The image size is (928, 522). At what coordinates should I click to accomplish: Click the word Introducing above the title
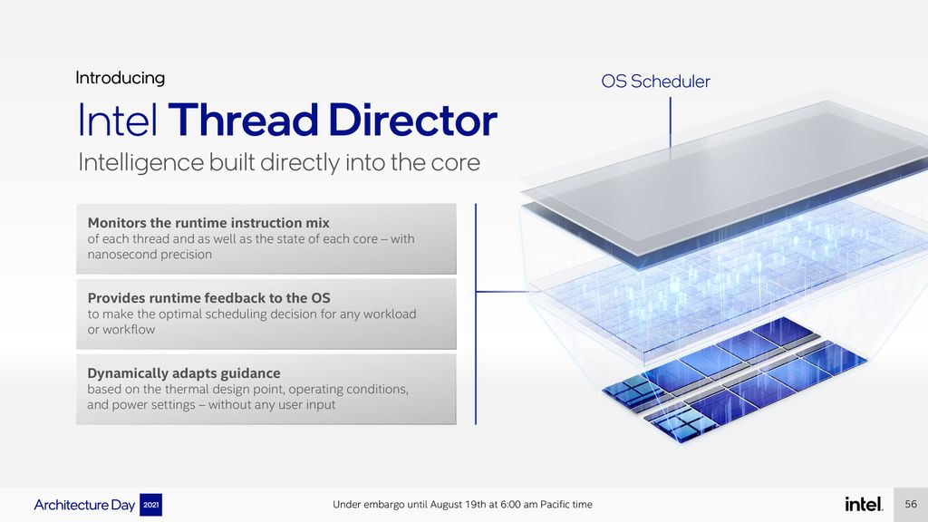(120, 78)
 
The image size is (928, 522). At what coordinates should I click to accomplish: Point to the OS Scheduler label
(655, 82)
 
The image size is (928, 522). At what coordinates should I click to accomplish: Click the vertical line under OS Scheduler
(670, 122)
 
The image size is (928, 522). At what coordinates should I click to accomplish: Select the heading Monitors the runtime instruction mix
(208, 223)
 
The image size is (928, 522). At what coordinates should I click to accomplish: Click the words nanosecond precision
(150, 255)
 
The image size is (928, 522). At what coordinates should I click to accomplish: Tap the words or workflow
(121, 330)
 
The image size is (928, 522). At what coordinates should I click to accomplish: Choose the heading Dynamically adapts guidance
(184, 373)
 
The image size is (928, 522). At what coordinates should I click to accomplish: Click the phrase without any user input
(272, 405)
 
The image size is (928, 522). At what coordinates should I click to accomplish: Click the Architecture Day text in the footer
(85, 505)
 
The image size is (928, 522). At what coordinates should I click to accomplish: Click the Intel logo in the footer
(863, 504)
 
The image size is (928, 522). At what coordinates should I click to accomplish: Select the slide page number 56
(911, 504)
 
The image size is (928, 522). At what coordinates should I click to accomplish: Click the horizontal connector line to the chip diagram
(503, 292)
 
